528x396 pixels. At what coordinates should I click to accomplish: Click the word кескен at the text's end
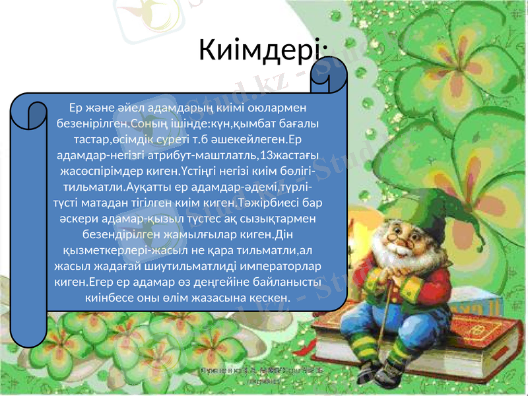271,298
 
